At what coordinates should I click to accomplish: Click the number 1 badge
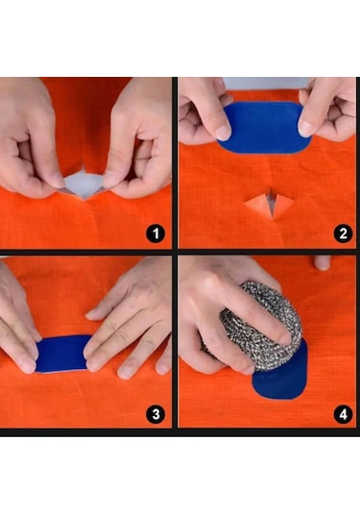[153, 233]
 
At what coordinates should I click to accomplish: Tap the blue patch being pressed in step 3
[62, 354]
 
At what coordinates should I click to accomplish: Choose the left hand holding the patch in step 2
[204, 108]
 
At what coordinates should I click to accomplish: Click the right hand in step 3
[130, 322]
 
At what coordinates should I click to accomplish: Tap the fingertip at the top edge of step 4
[322, 262]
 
